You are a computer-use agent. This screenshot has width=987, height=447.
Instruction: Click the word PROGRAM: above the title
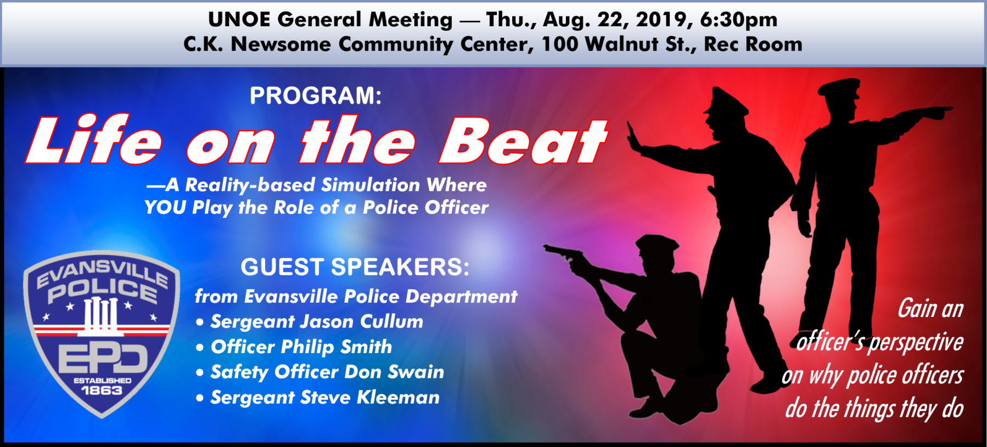(x=316, y=96)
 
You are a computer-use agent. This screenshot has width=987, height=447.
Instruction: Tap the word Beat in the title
(x=523, y=141)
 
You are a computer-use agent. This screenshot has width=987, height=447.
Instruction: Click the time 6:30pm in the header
(x=739, y=20)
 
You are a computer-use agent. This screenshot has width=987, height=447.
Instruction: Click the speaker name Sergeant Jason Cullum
(x=317, y=321)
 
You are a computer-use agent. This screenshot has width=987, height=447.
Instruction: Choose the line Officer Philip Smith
(x=301, y=347)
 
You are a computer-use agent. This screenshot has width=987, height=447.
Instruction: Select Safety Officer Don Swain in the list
(x=327, y=372)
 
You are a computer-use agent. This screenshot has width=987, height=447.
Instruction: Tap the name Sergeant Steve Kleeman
(x=325, y=397)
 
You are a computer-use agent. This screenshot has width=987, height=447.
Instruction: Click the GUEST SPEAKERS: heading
(x=355, y=267)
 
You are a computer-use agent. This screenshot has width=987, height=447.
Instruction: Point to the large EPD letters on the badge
(x=103, y=359)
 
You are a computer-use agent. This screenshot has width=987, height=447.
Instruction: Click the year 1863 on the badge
(x=102, y=390)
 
